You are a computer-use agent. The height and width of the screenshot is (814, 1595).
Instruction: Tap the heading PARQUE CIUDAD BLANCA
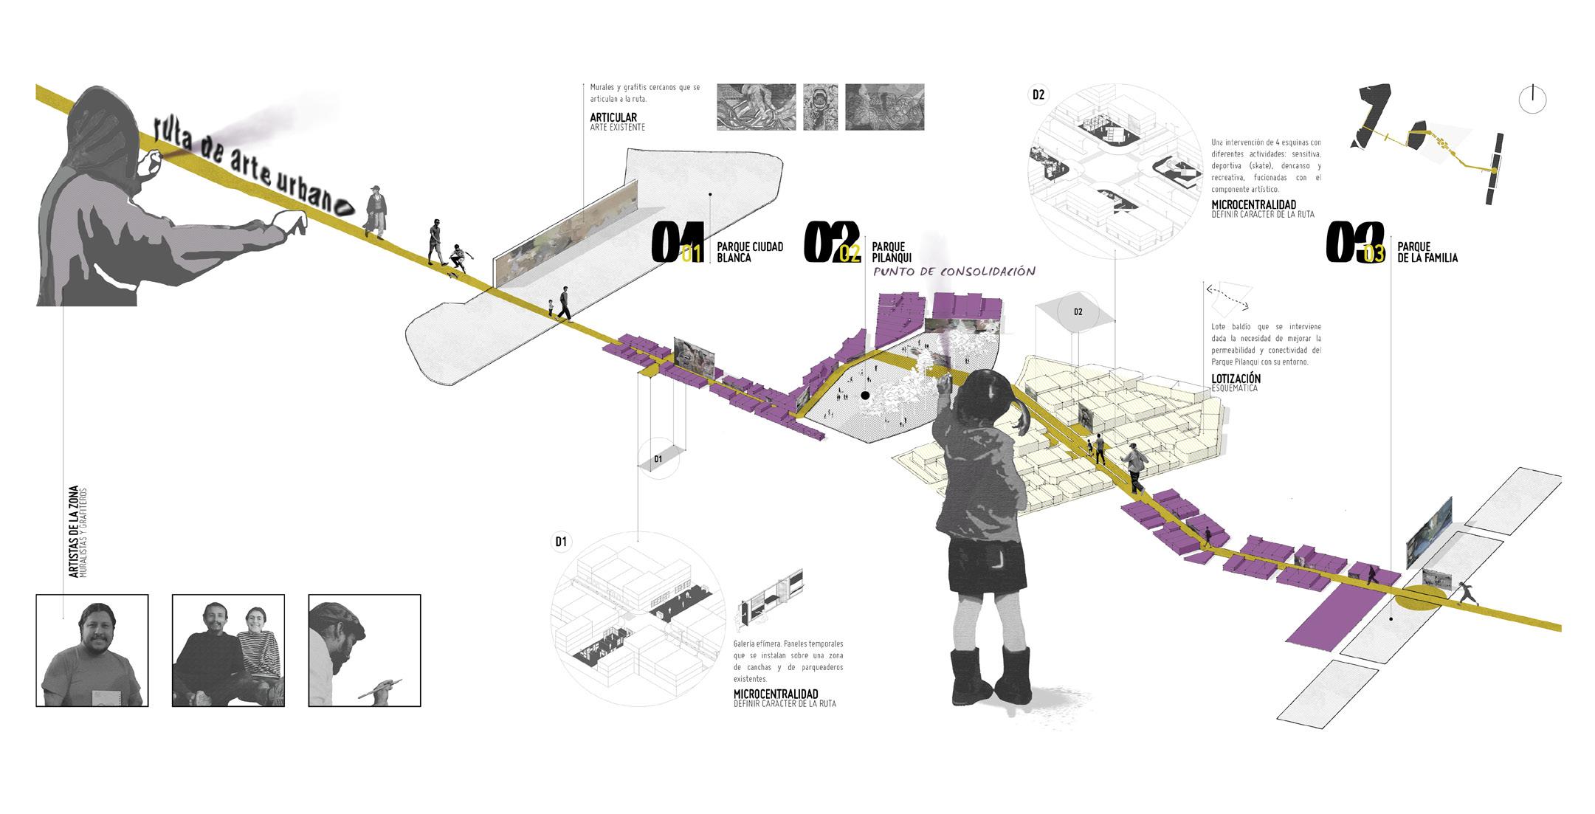tap(750, 252)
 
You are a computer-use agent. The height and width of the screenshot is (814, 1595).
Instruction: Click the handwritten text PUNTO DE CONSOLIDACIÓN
tap(954, 272)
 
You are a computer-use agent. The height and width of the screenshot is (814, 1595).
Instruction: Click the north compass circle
tap(1532, 100)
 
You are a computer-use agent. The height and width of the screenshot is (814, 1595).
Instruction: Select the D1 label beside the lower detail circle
tap(561, 542)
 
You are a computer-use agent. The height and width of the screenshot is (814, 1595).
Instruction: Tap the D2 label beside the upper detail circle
tap(1038, 94)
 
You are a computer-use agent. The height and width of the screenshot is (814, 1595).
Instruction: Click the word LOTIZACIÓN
tap(1236, 379)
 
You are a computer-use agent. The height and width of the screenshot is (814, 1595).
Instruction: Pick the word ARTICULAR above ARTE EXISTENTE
tap(613, 117)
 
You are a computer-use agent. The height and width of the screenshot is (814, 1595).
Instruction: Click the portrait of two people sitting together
tap(228, 650)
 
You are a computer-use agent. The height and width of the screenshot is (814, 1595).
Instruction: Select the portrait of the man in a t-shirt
tap(92, 650)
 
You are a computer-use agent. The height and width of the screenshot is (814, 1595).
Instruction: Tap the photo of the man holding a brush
tap(364, 650)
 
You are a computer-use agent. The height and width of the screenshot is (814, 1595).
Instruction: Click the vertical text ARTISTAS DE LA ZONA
tap(73, 531)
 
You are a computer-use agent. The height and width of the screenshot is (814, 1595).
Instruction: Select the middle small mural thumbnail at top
tap(820, 107)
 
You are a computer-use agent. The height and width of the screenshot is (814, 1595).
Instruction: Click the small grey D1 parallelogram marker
tap(658, 459)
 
